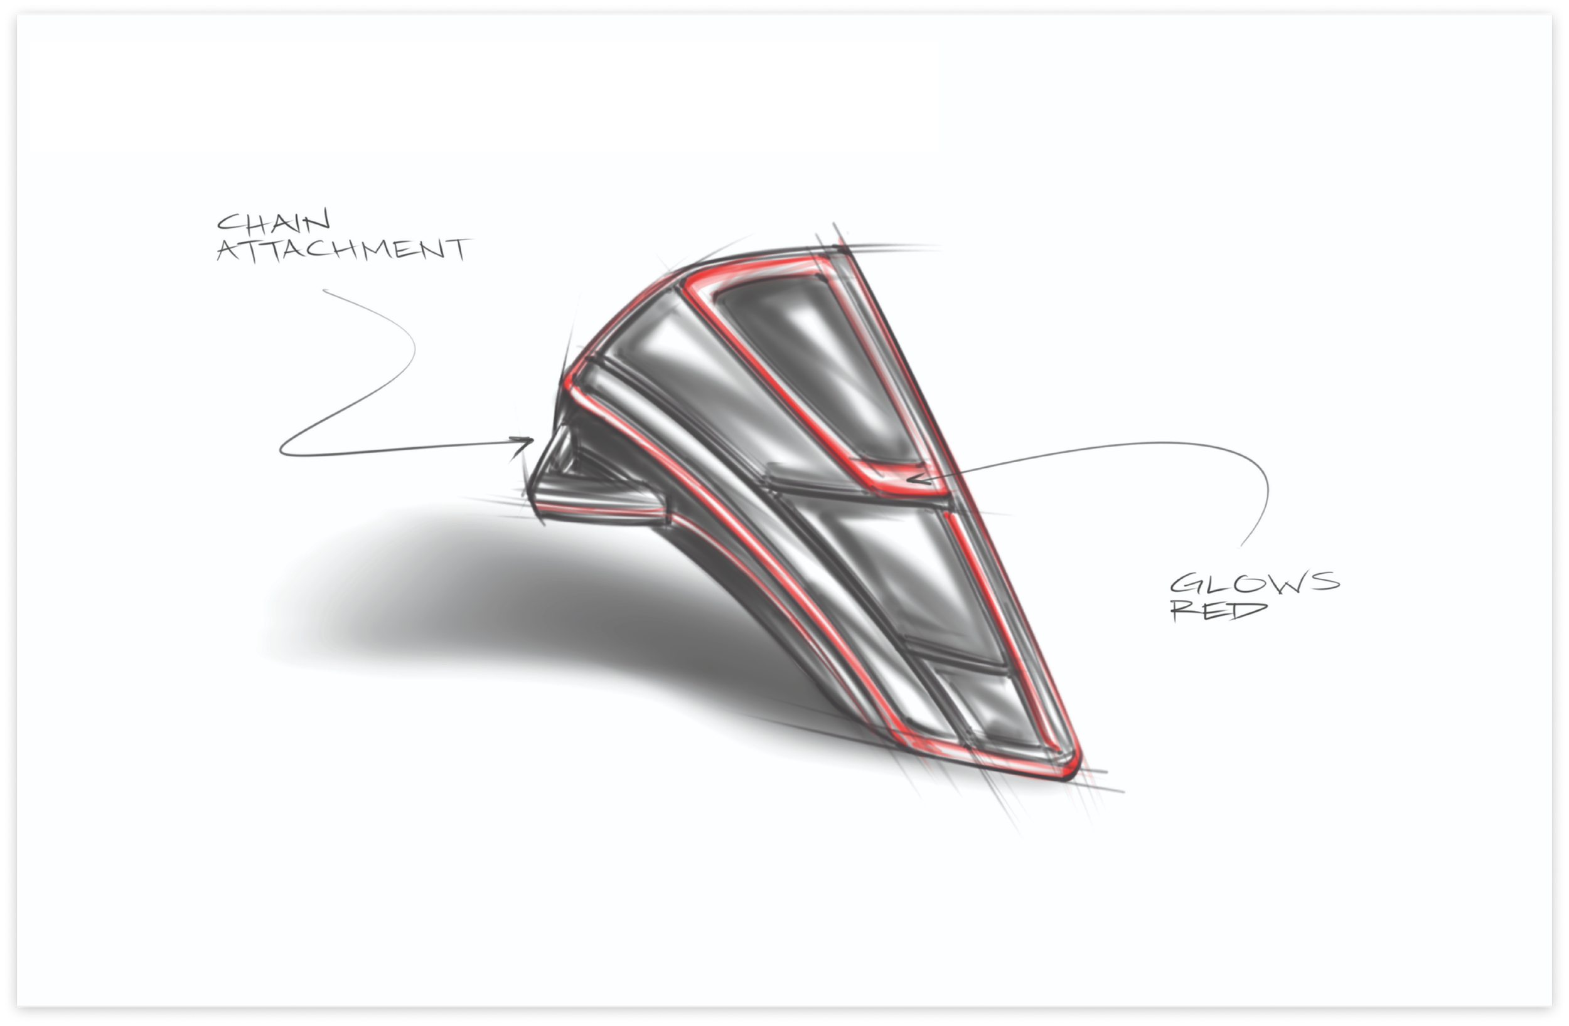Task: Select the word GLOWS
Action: (1255, 583)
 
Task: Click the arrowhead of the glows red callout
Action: (913, 479)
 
